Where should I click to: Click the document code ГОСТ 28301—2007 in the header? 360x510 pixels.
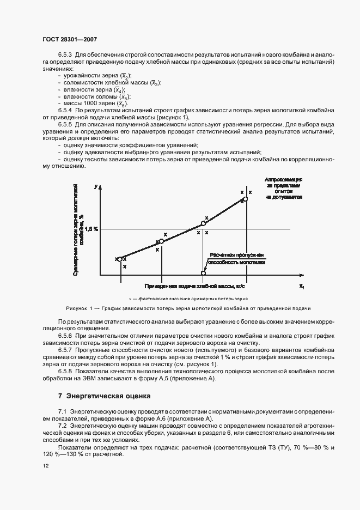click(x=69, y=39)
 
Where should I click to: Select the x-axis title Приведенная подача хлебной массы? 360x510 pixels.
click(x=195, y=286)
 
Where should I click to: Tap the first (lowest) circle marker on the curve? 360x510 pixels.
click(x=120, y=259)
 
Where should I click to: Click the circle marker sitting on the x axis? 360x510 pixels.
click(x=204, y=273)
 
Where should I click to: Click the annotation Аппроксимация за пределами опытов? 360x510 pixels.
click(x=283, y=189)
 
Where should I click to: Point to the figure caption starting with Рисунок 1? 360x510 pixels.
click(x=188, y=308)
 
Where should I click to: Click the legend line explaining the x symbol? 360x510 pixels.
click(x=188, y=299)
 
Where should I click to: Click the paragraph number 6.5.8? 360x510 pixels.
click(x=65, y=372)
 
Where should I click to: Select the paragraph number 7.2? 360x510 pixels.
click(x=62, y=423)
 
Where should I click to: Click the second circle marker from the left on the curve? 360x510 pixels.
click(x=161, y=241)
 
